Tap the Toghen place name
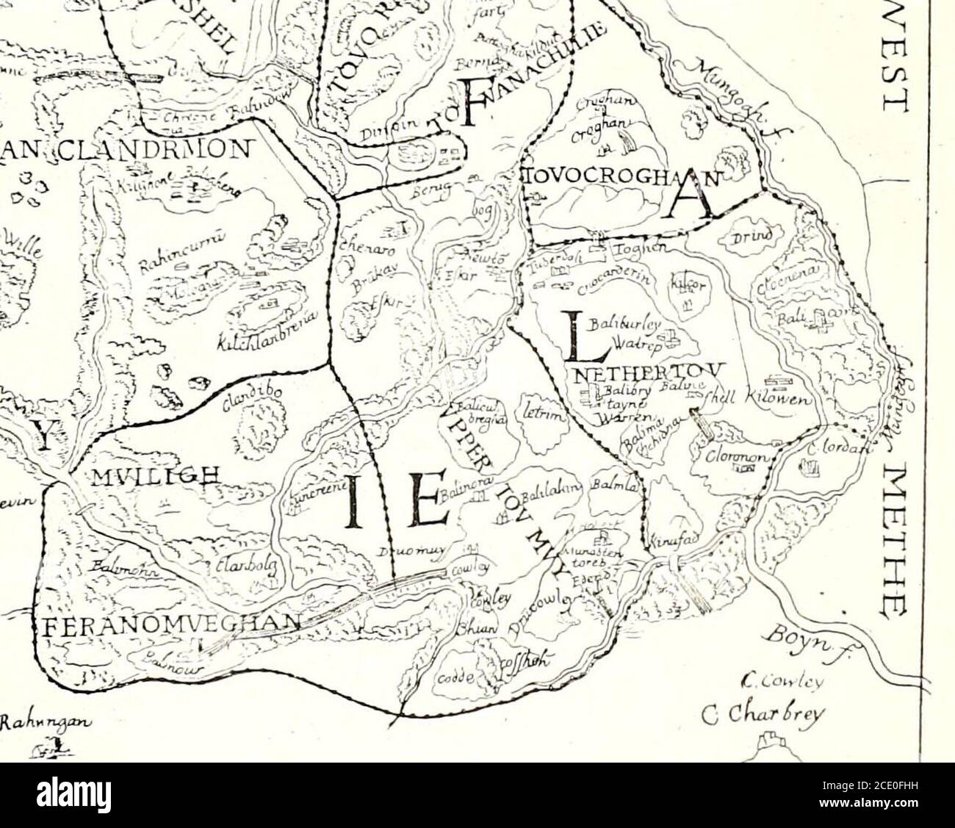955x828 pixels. (x=646, y=249)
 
